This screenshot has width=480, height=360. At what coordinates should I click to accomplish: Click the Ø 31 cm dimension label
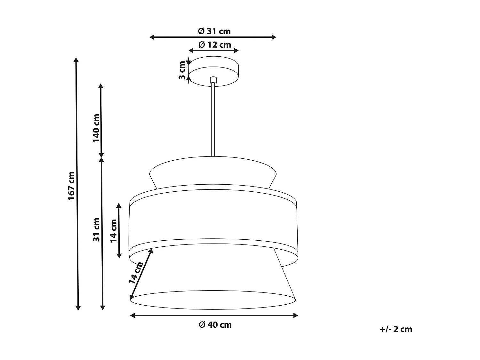coord(214,31)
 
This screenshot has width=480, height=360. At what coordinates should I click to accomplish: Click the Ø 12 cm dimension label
coord(214,44)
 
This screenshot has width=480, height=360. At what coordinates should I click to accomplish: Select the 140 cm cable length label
coord(96,128)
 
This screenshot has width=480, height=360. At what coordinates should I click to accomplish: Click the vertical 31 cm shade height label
coord(96,229)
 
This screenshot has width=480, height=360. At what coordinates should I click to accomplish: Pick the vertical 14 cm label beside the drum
coord(114,231)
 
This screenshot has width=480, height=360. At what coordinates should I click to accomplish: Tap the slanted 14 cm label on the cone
coord(136,273)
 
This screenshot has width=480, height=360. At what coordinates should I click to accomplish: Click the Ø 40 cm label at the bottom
coord(215,325)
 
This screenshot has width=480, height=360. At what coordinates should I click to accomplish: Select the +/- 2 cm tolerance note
coord(396,329)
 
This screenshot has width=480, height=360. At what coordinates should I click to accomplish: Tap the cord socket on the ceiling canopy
coord(213,80)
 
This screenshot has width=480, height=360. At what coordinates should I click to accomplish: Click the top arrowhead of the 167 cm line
coord(76,60)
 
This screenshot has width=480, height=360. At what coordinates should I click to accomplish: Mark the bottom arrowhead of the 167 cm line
coord(78,308)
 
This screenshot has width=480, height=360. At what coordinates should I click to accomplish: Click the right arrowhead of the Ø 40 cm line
coord(295,316)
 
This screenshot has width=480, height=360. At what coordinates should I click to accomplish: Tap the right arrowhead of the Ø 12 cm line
coord(236,51)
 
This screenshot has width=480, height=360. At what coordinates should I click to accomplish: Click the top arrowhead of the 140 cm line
coord(101,86)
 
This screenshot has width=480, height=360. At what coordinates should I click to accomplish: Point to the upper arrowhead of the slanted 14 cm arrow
coord(151,251)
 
